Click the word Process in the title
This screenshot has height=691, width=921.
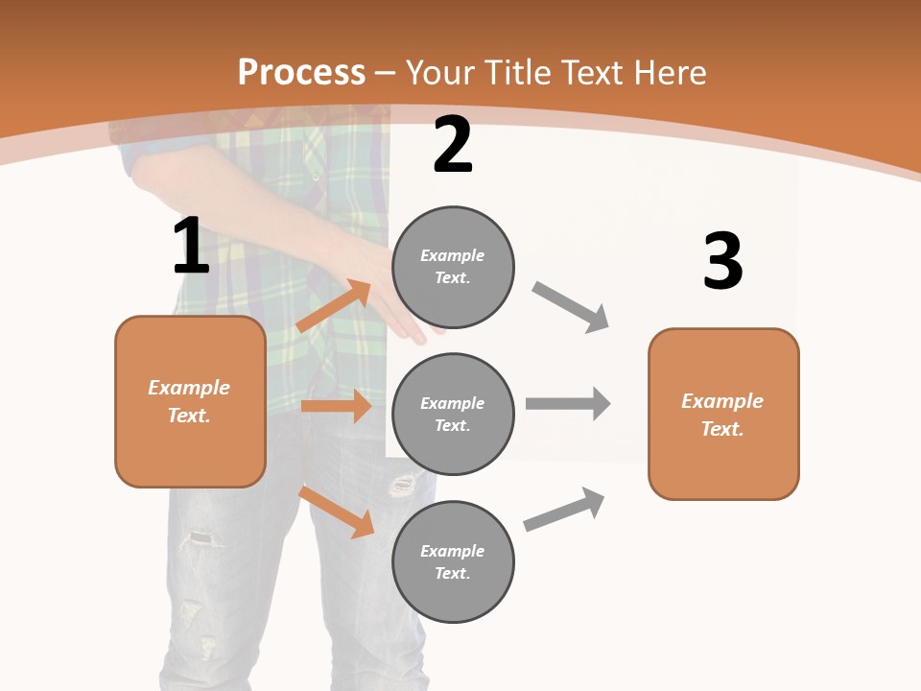pos(301,72)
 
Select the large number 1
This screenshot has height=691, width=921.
pos(191,246)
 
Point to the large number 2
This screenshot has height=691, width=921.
pos(453,145)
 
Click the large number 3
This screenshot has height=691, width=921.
pos(722,262)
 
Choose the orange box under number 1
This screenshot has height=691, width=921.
pos(190,401)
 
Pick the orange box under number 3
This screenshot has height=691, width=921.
pos(723,415)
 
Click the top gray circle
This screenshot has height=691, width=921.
pos(453,267)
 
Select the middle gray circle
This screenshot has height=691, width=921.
pos(453,415)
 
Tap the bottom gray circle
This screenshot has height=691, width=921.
pos(453,562)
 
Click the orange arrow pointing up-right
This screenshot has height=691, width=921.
pos(334,306)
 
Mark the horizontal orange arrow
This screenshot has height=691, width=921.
pos(336,406)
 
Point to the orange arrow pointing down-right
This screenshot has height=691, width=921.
pos(336,512)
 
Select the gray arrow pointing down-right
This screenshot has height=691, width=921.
pos(571,307)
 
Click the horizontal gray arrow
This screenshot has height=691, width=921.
pos(568,403)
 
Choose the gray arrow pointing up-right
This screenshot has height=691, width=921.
pos(565,509)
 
